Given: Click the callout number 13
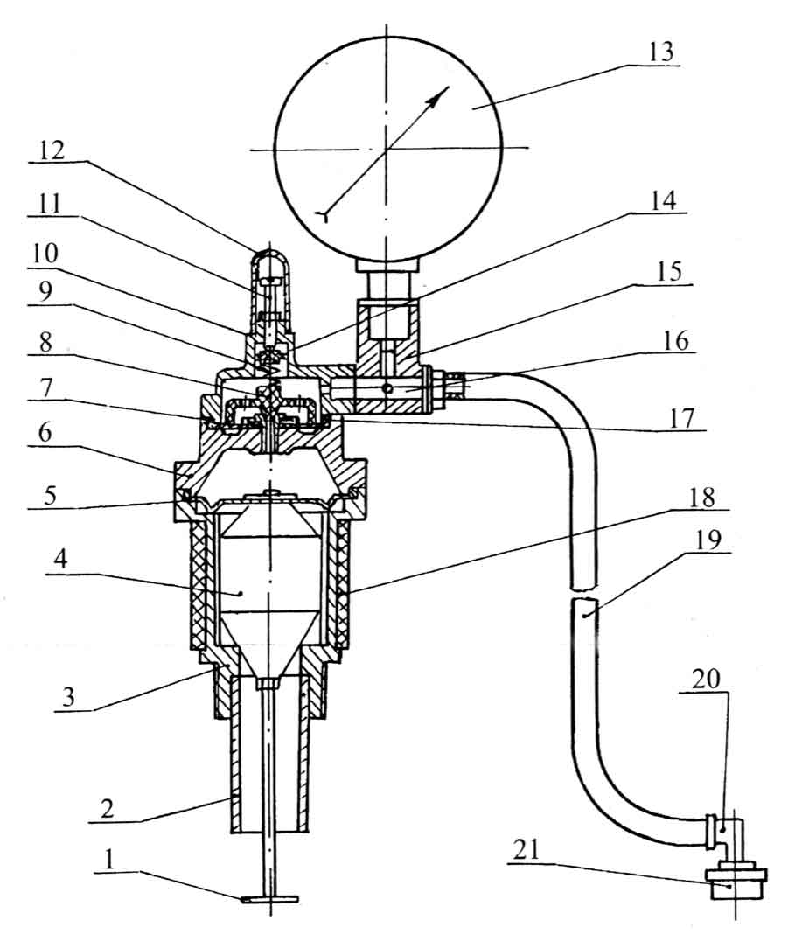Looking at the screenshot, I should coord(661,51).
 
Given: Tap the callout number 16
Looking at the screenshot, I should coord(675,339).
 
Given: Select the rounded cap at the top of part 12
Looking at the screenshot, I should coord(268,256).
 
